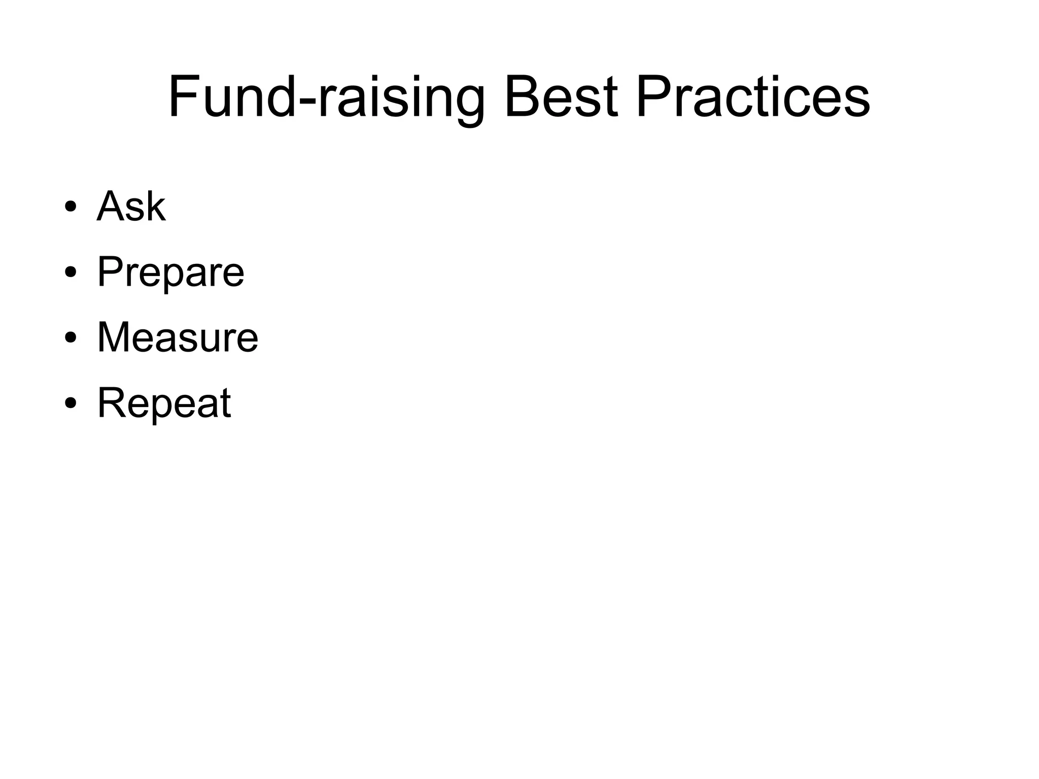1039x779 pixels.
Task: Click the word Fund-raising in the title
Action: (x=326, y=96)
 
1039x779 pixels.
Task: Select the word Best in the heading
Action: (x=561, y=96)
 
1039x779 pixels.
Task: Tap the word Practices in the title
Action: (x=753, y=96)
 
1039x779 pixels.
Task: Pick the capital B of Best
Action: (x=521, y=96)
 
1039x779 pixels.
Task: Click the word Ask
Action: (x=131, y=207)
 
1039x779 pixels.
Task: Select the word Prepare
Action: (x=170, y=273)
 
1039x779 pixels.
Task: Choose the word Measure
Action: (x=178, y=337)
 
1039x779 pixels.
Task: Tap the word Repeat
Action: (x=164, y=403)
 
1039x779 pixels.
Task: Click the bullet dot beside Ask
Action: (x=71, y=208)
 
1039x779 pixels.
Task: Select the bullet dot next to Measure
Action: (x=71, y=338)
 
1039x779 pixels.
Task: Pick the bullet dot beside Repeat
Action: (x=71, y=403)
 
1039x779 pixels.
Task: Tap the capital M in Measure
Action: (x=114, y=337)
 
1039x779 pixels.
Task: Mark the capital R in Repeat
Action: (x=110, y=403)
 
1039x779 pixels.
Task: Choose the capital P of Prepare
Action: (x=109, y=272)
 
